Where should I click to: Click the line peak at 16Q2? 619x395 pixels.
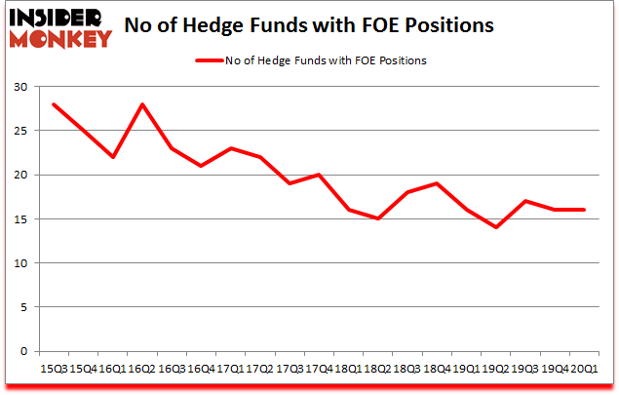(142, 104)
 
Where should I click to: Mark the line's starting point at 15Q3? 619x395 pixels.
(54, 104)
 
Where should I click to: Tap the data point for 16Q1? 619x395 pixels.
(114, 157)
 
